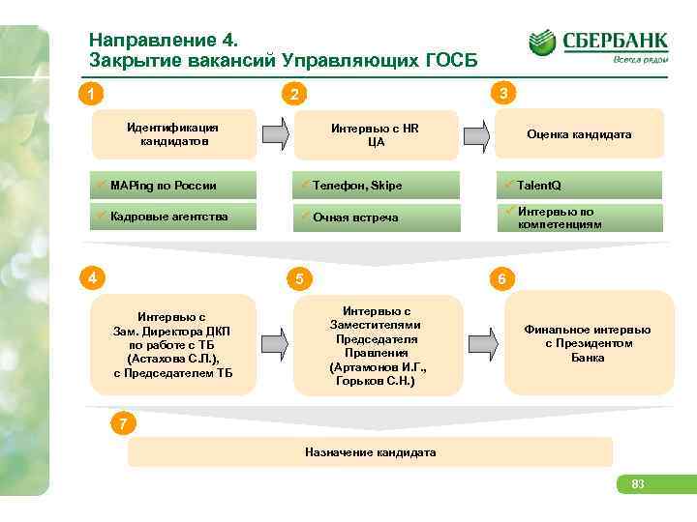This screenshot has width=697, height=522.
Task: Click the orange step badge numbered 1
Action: click(x=90, y=95)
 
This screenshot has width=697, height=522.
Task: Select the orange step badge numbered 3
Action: click(x=502, y=93)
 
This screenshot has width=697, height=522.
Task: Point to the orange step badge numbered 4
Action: click(x=91, y=278)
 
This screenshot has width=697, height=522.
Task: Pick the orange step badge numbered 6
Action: click(x=501, y=279)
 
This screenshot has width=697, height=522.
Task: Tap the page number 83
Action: click(x=638, y=484)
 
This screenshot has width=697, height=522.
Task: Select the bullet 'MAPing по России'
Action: click(x=164, y=186)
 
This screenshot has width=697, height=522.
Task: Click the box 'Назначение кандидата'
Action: click(x=371, y=451)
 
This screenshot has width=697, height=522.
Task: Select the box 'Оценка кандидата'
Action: click(x=579, y=134)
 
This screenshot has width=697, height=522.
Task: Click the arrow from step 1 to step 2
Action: click(x=275, y=134)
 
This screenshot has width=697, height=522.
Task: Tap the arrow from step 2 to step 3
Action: click(x=474, y=134)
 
